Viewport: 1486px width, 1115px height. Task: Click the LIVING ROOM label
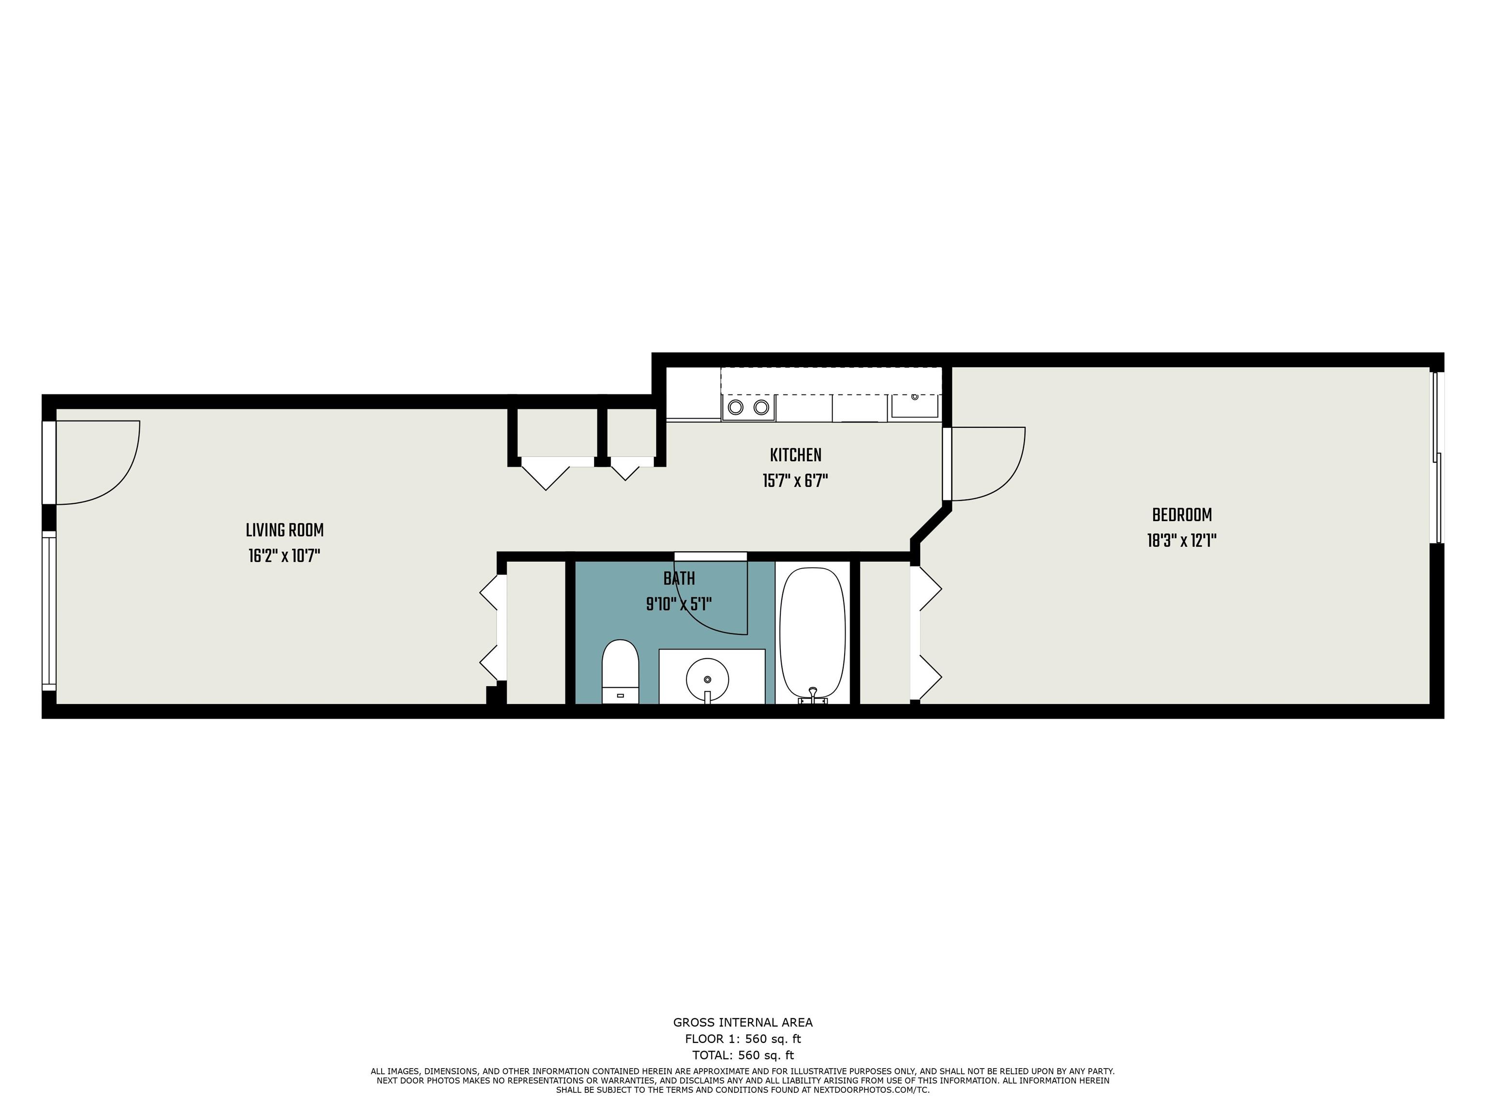click(x=285, y=531)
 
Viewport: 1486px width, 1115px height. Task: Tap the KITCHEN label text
click(x=795, y=456)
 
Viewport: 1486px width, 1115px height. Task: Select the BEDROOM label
click(x=1182, y=515)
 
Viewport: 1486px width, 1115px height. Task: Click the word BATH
click(x=679, y=579)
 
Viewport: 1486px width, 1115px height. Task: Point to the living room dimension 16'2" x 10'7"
click(x=284, y=557)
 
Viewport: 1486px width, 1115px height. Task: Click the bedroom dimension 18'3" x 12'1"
click(x=1182, y=541)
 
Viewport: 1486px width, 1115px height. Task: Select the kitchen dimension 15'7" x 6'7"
click(x=795, y=481)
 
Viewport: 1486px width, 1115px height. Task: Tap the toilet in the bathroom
click(x=619, y=671)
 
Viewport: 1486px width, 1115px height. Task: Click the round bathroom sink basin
click(x=707, y=680)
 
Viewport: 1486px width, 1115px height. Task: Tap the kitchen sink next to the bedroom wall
click(x=914, y=406)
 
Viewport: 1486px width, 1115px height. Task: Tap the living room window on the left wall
click(x=48, y=611)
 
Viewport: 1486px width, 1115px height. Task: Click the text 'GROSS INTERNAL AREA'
click(x=743, y=1022)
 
